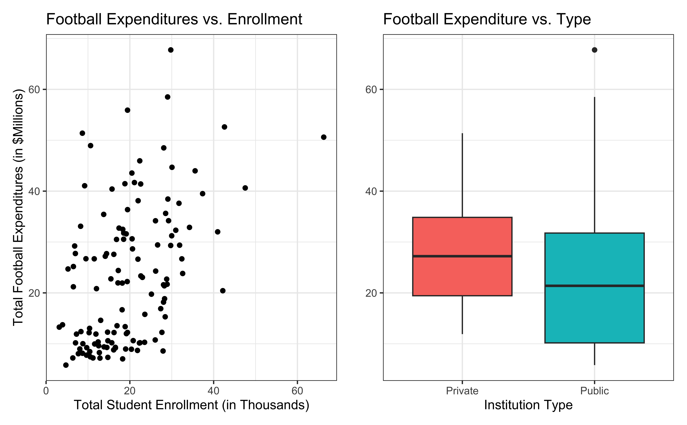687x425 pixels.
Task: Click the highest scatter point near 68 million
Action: [x=171, y=50]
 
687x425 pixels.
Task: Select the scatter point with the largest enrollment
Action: [x=324, y=137]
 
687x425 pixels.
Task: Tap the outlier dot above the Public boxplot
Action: [x=594, y=50]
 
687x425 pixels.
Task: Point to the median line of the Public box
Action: [x=594, y=286]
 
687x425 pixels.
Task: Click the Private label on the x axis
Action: [x=462, y=391]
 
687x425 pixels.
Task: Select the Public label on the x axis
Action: [x=594, y=391]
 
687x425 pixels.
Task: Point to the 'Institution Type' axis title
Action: [x=528, y=405]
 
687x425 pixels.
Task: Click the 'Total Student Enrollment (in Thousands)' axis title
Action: [x=192, y=405]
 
